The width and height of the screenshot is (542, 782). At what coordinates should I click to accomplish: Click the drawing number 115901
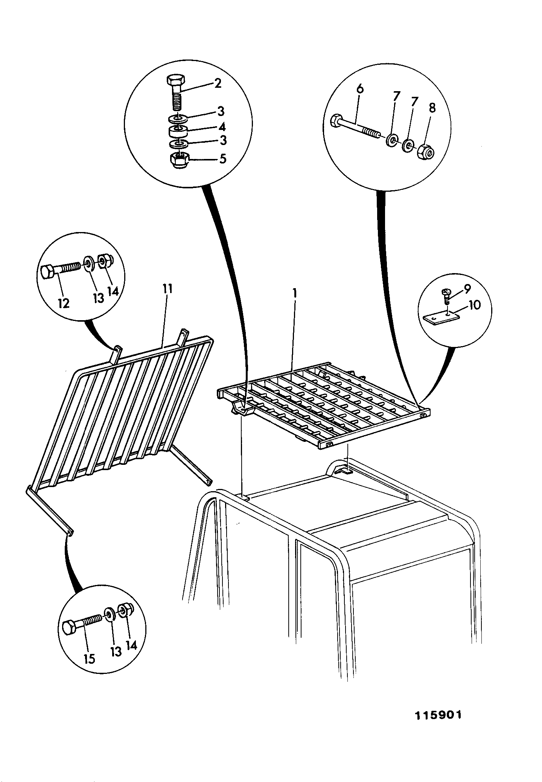438,715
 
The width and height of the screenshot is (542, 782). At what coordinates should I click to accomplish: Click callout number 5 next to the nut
223,159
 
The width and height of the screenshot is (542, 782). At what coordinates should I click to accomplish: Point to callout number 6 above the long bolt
360,89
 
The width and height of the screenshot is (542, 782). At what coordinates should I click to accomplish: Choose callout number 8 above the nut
432,108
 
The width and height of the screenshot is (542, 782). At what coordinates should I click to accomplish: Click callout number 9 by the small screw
467,289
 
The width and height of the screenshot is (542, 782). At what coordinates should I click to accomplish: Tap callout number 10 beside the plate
474,305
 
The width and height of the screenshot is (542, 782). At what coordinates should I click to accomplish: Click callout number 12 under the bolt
64,303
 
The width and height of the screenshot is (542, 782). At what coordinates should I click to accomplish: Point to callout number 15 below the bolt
89,659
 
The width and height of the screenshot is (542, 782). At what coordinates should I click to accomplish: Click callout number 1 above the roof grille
295,293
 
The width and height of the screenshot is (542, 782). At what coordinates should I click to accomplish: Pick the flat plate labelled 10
442,318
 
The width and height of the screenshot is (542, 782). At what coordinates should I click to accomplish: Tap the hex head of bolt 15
70,628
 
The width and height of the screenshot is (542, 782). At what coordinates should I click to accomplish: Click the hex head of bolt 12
48,272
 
